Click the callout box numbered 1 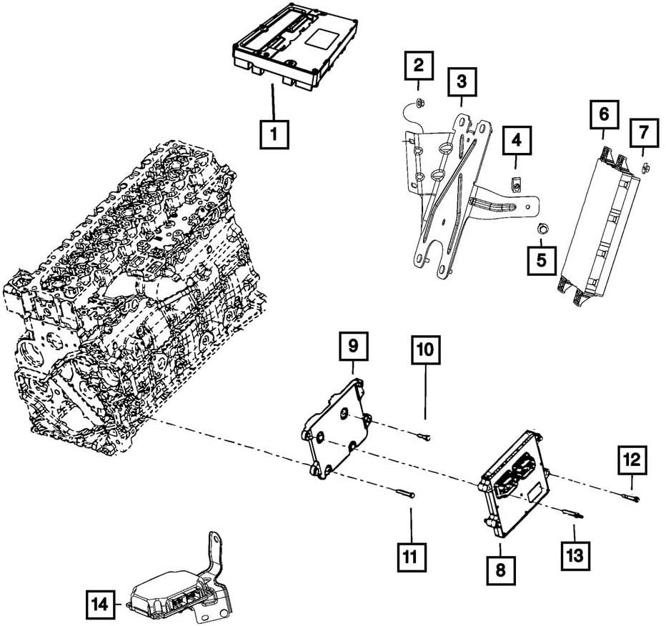point(274,134)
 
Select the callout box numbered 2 point(419,67)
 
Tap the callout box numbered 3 point(462,81)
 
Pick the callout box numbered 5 point(541,259)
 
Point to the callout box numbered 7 point(644,133)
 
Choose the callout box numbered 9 point(353,347)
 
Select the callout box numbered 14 point(101,605)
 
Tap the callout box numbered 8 point(499,570)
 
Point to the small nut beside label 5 point(541,229)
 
